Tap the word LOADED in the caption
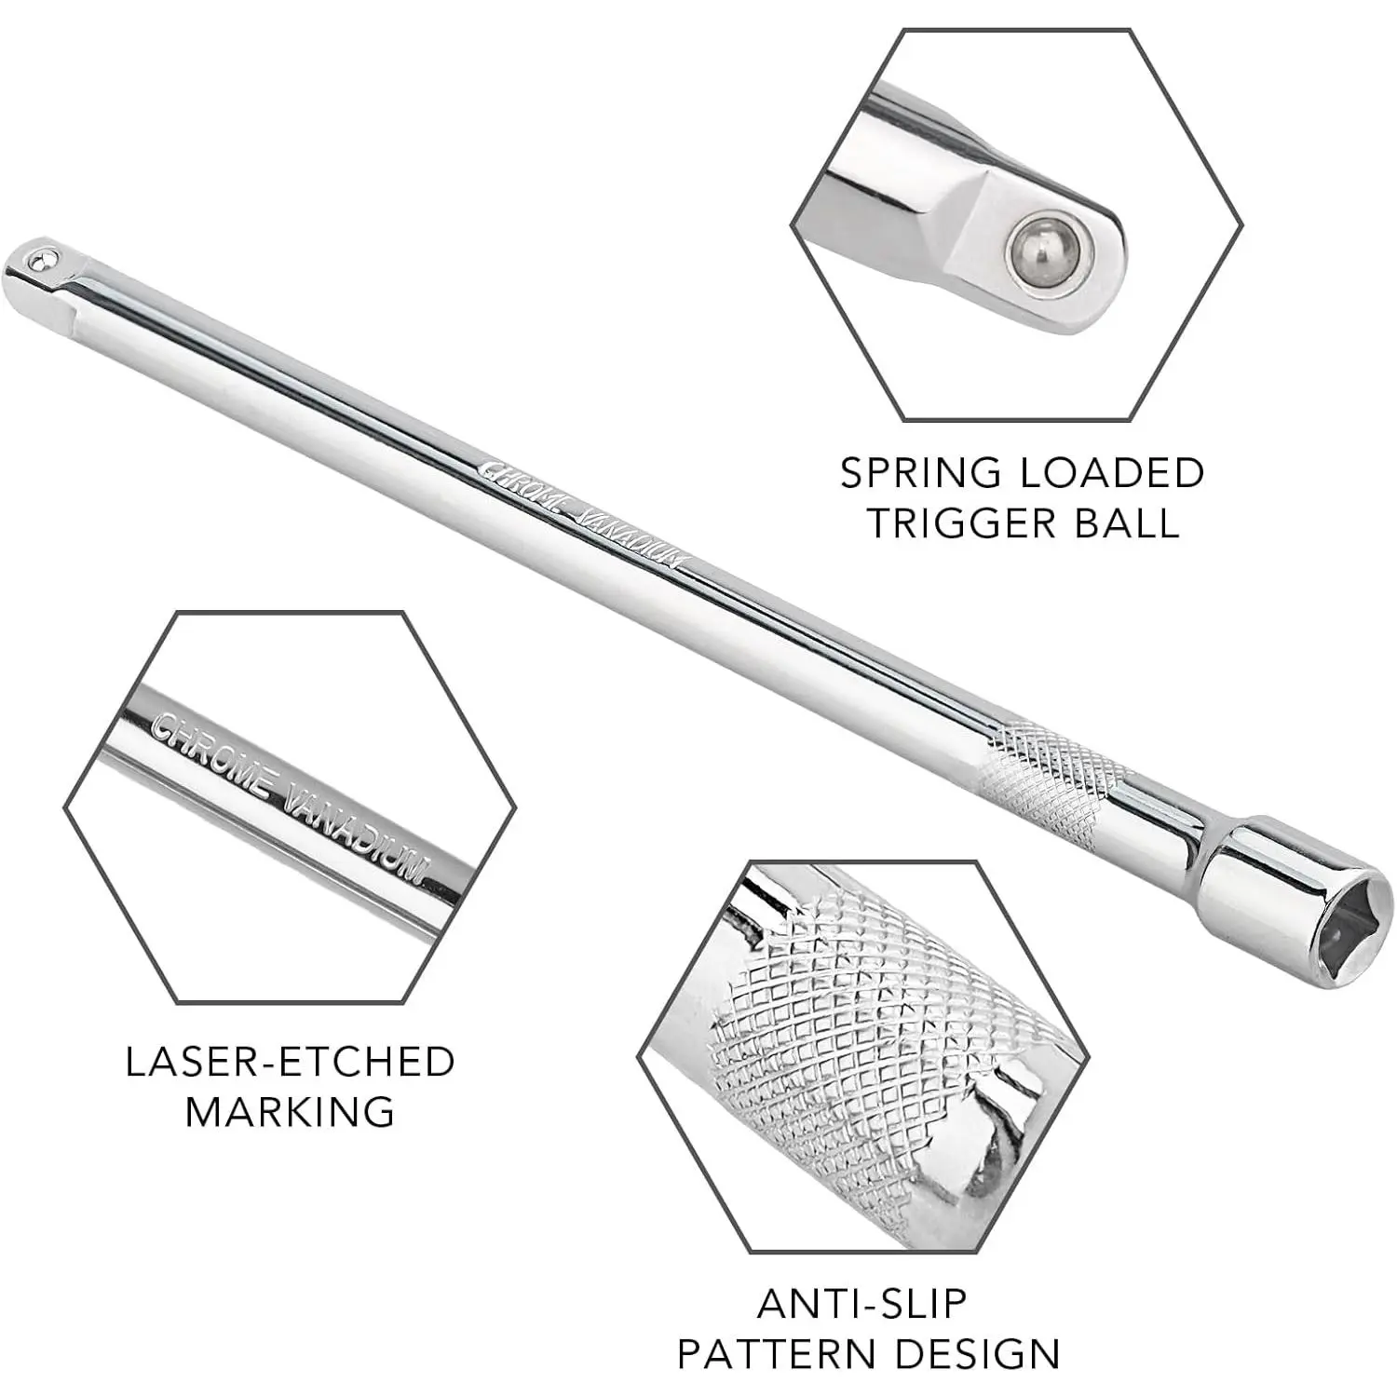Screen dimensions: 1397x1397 click(x=1112, y=473)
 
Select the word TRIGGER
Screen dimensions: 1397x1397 click(x=963, y=523)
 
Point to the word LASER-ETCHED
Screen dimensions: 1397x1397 click(x=291, y=1062)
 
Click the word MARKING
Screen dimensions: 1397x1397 click(x=291, y=1112)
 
